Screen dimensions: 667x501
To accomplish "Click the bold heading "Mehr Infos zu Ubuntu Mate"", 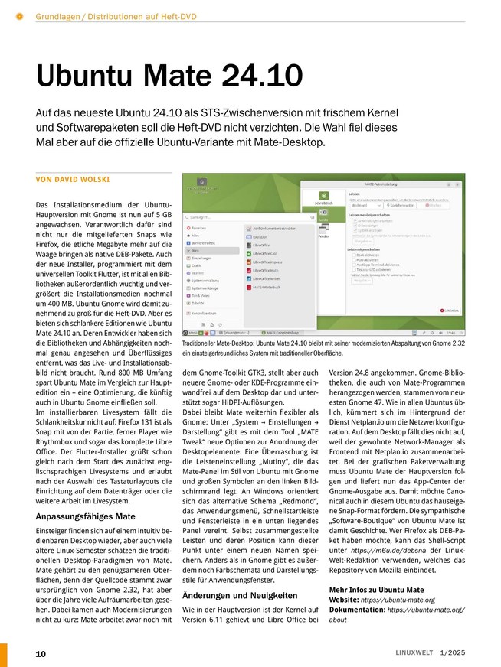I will tap(376, 590).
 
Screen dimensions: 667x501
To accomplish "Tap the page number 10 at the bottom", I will tap(41, 653).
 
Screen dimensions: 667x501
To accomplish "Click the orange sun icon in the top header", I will tap(20, 16).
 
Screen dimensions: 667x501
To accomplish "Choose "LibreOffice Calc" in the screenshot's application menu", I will tap(267, 252).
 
